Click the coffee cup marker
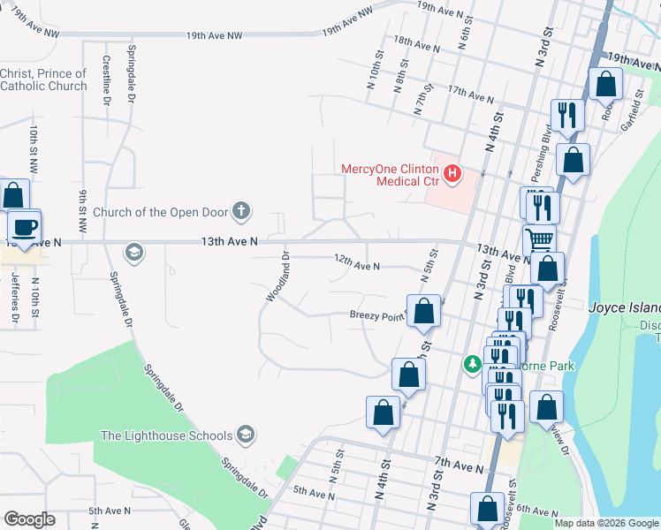(x=25, y=227)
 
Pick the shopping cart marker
(x=538, y=238)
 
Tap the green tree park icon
(x=474, y=364)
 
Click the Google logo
(x=30, y=519)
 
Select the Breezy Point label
(x=376, y=315)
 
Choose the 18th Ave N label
(x=416, y=42)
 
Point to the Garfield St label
(x=628, y=114)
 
